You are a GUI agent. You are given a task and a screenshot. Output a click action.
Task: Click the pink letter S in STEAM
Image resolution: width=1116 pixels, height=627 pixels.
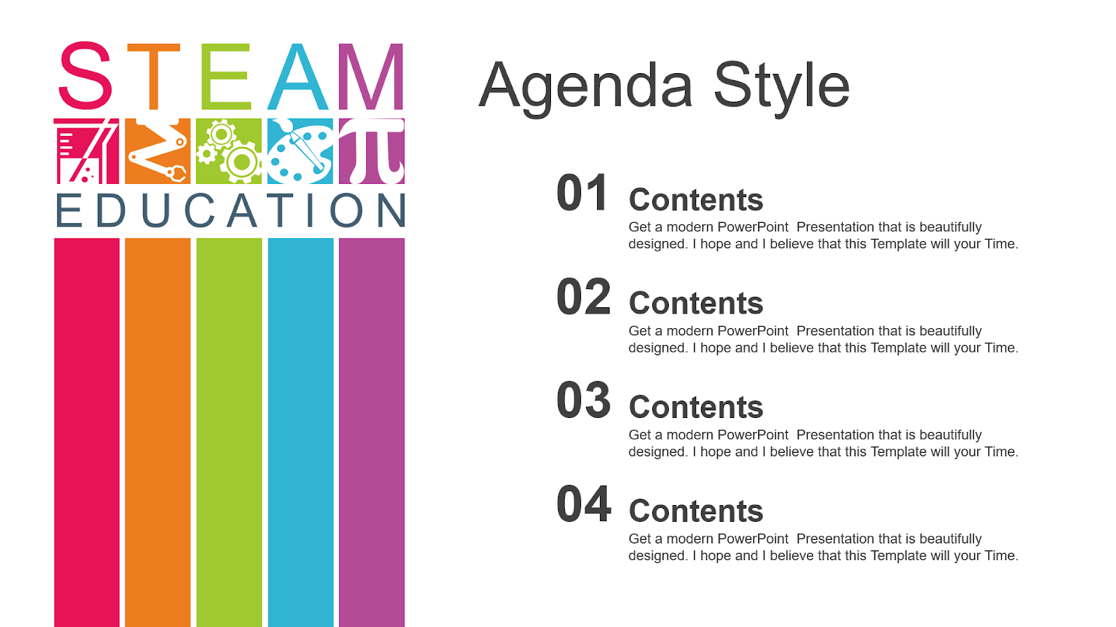85,76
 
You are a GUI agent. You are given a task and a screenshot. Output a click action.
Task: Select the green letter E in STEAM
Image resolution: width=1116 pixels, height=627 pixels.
225,77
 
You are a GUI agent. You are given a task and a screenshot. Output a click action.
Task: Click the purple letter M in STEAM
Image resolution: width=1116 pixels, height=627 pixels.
371,77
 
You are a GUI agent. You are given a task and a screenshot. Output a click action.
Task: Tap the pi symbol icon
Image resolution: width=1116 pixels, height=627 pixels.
372,150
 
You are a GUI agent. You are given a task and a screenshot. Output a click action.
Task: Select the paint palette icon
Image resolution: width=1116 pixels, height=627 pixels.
301,151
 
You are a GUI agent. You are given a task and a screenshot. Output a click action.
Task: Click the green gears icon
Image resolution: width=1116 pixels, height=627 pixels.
229,151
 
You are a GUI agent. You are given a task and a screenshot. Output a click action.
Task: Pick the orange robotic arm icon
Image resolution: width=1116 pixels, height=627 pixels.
158,151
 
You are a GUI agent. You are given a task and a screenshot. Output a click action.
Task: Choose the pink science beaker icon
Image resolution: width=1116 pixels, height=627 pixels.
86,151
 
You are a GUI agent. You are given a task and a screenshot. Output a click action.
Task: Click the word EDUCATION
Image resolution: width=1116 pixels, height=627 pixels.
230,211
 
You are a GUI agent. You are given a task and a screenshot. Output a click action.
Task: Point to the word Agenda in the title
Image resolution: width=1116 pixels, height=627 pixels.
586,86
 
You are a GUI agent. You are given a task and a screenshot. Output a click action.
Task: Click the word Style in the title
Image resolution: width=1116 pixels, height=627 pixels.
781,86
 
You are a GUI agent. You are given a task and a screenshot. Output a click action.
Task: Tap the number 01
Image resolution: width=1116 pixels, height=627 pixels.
583,194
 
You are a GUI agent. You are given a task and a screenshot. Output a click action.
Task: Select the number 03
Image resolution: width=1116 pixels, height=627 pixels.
583,401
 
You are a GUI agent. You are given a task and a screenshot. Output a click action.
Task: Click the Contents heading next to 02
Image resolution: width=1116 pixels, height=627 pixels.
695,304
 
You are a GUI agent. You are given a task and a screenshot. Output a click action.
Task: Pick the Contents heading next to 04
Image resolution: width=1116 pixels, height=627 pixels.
695,511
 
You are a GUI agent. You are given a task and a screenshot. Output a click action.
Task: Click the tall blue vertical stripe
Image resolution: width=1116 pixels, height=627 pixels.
301,432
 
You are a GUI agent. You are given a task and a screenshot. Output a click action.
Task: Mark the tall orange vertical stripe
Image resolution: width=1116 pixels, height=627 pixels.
158,432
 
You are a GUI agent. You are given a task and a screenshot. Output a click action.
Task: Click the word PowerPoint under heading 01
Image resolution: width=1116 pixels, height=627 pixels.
753,227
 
